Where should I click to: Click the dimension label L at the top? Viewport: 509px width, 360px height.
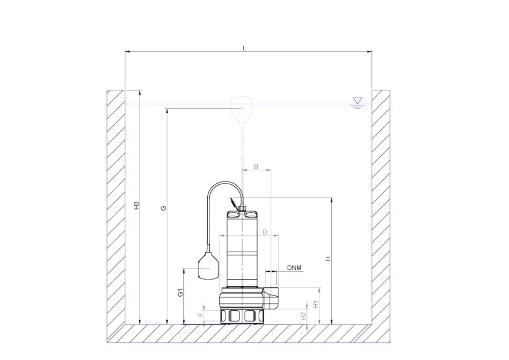[245, 48]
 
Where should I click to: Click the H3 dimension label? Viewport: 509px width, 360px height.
[137, 205]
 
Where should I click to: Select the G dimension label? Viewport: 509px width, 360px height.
[164, 208]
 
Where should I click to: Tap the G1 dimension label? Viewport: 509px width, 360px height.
[181, 293]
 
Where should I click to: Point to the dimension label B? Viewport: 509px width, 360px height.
[256, 167]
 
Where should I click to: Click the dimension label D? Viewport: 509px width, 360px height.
[265, 232]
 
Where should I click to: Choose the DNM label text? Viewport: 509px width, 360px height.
[294, 268]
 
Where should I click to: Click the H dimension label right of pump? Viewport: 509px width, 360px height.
[328, 259]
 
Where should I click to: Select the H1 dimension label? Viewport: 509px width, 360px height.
[316, 305]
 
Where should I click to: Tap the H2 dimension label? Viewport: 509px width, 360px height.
[303, 316]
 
